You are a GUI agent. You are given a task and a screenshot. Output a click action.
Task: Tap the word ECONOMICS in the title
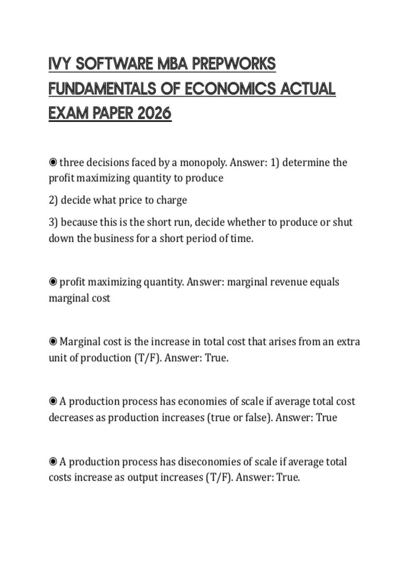230,89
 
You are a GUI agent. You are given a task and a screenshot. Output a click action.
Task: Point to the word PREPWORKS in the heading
234,64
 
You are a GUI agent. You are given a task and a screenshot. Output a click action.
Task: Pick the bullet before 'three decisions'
53,162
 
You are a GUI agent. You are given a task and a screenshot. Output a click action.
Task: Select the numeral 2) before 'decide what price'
53,200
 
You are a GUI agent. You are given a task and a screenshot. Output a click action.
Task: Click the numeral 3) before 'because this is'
53,222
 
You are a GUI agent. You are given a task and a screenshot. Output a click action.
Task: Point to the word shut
343,222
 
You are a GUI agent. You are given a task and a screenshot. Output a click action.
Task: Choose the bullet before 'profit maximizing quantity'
53,282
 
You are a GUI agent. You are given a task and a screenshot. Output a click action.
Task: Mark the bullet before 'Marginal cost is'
53,341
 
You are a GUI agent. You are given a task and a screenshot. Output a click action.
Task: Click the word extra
348,341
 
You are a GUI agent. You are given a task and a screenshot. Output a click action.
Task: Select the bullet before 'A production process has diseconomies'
53,461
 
